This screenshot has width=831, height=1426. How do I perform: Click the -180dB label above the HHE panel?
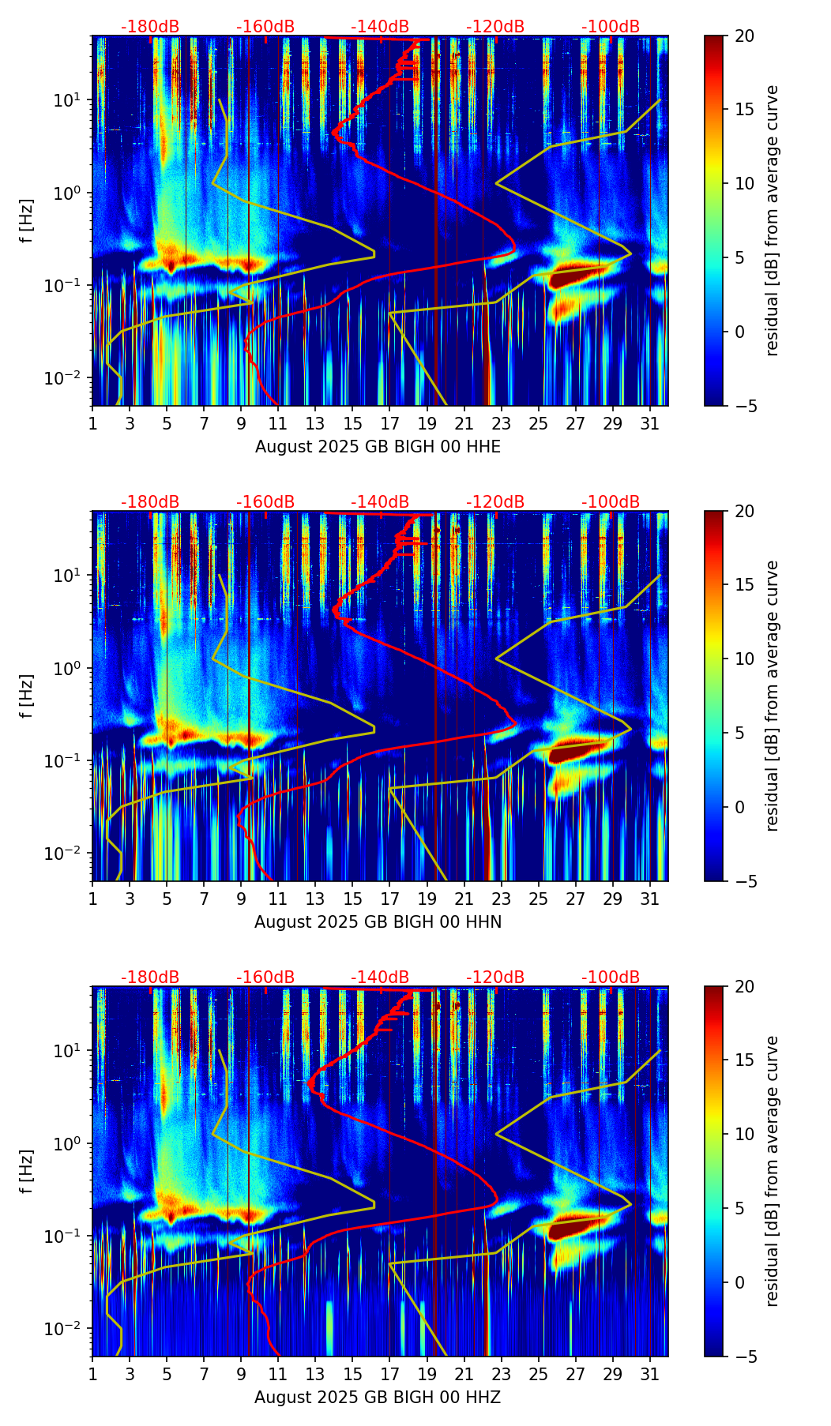click(x=150, y=27)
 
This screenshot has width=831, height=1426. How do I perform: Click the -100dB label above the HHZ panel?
click(x=611, y=978)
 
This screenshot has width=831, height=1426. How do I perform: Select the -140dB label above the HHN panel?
click(x=380, y=502)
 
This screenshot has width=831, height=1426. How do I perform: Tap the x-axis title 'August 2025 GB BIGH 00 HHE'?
click(x=378, y=447)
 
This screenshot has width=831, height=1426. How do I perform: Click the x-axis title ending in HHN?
click(x=378, y=922)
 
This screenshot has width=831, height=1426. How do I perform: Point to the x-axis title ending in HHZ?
click(x=378, y=1398)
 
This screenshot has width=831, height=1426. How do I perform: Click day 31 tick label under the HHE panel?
click(x=650, y=425)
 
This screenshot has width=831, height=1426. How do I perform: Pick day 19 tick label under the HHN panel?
click(x=427, y=900)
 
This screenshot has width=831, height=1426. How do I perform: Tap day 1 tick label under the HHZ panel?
click(x=92, y=1375)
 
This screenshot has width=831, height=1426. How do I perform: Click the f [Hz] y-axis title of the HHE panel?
click(x=27, y=220)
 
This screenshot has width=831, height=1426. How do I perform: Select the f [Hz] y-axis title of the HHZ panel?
click(x=27, y=1171)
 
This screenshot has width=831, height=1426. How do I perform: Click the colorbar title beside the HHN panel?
click(x=772, y=696)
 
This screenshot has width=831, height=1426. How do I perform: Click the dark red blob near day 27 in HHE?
click(x=570, y=278)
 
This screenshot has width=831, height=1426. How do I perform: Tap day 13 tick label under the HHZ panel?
click(x=315, y=1375)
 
